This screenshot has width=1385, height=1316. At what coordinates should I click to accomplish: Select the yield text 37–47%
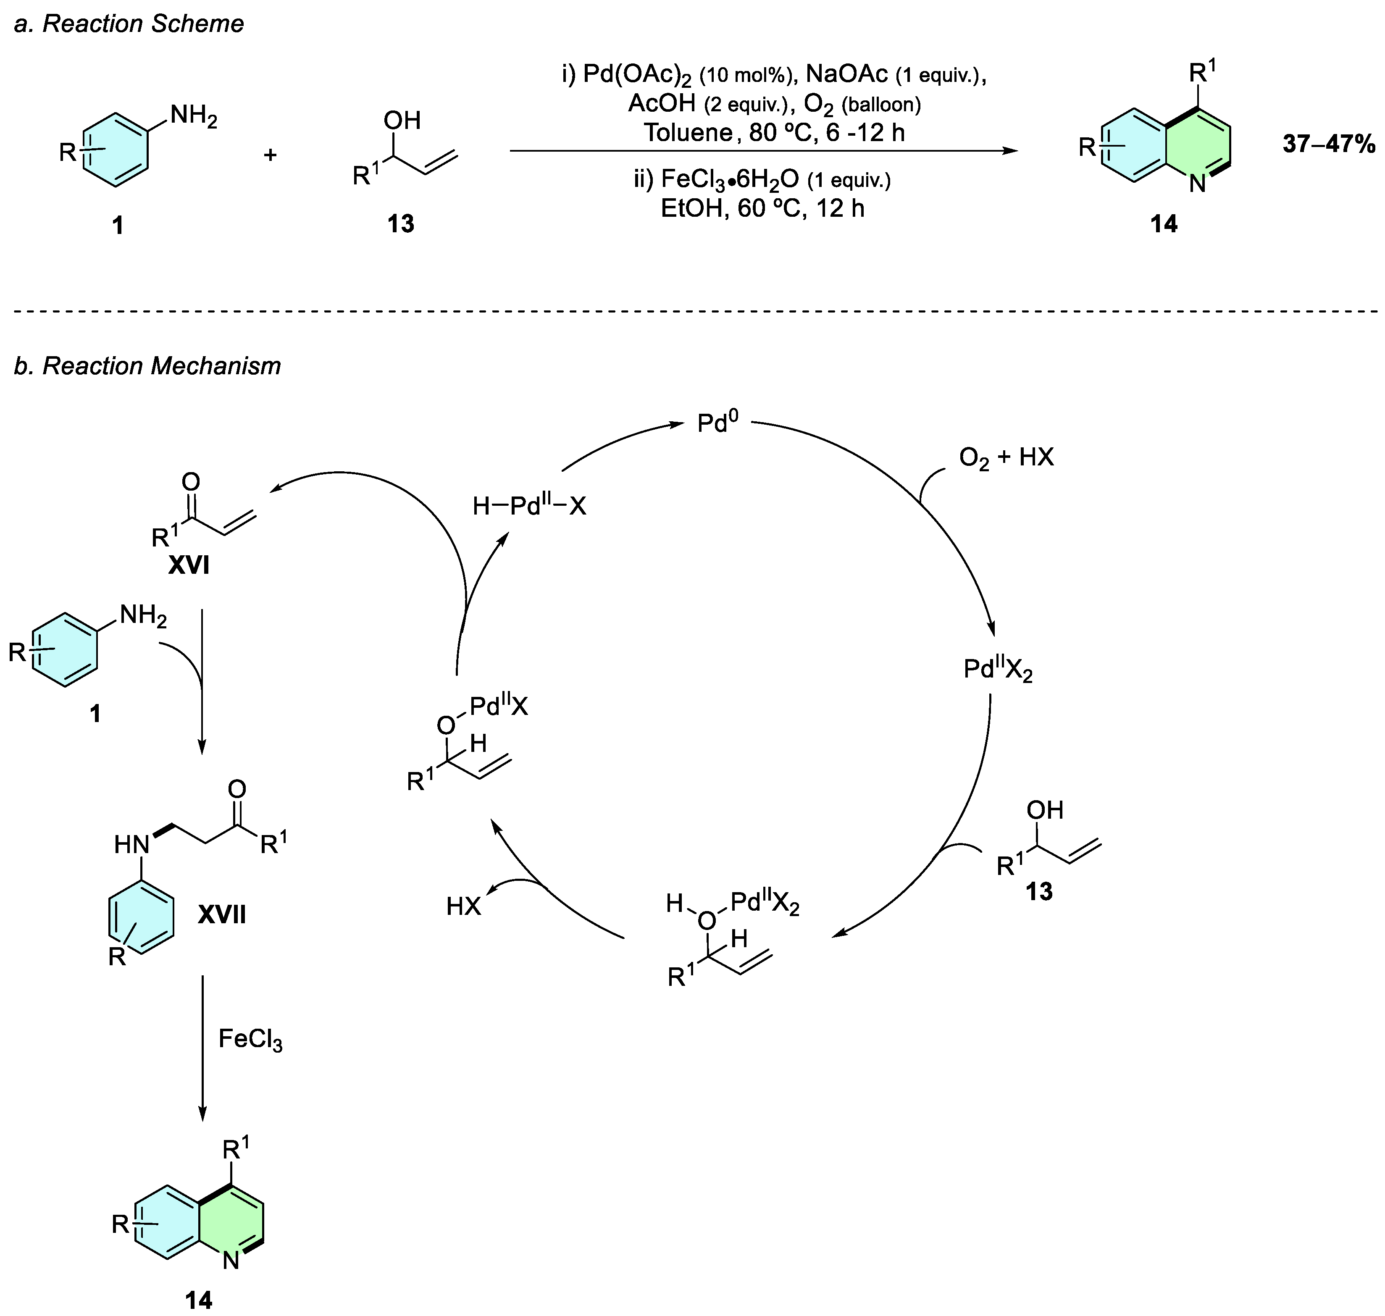(x=1329, y=144)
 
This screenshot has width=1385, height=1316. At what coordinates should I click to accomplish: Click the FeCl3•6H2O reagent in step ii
(x=730, y=180)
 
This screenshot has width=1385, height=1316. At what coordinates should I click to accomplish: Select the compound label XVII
(x=222, y=915)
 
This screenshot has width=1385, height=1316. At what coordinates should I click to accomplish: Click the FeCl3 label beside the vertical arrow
(x=250, y=1039)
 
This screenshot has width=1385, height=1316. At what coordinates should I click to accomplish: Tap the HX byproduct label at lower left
(x=464, y=907)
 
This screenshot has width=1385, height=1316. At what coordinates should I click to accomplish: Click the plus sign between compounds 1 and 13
(x=270, y=154)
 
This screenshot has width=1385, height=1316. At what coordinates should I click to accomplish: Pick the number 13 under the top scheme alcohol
(x=401, y=224)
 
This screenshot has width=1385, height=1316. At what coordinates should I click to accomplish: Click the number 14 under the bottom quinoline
(x=199, y=1300)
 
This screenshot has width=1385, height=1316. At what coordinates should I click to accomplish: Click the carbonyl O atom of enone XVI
(x=190, y=482)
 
